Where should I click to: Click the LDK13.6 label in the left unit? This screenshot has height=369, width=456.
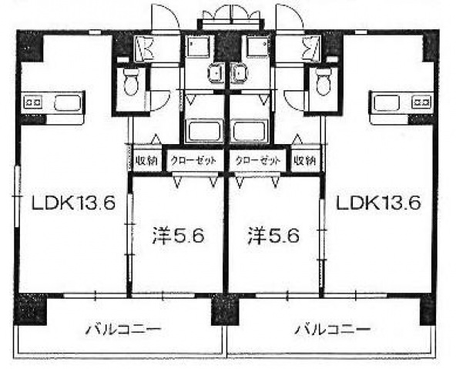73,203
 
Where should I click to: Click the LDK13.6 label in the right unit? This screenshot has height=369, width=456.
378,203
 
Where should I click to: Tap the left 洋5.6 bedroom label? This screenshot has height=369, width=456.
178,236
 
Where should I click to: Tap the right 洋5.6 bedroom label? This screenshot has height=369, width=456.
273,236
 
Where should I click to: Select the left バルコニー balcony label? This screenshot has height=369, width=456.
123,329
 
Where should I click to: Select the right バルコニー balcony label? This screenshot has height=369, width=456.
333,329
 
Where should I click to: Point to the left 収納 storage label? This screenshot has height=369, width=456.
147,160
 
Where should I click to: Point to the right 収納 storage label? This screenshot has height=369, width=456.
304,160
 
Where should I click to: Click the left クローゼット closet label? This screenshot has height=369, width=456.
193,160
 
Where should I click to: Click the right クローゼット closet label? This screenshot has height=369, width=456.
258,160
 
